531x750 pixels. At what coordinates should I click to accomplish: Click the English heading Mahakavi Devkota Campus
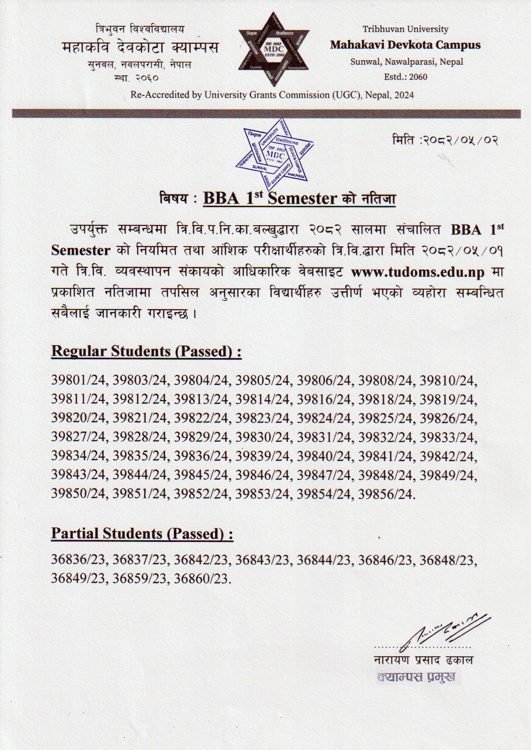click(x=405, y=45)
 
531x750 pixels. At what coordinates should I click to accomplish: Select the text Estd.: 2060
click(x=405, y=77)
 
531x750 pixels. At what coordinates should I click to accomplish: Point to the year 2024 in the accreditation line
click(x=404, y=95)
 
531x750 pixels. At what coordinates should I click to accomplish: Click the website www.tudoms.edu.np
click(x=417, y=272)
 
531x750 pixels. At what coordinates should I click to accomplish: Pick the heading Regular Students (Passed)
click(x=146, y=351)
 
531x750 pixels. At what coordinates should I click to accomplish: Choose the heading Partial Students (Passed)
click(x=142, y=533)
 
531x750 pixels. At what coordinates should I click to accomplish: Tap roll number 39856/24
click(x=385, y=494)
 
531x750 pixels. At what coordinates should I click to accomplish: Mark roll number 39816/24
click(x=324, y=399)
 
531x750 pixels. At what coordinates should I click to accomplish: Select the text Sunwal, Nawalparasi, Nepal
click(x=406, y=61)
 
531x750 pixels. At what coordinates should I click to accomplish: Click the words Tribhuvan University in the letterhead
click(x=405, y=29)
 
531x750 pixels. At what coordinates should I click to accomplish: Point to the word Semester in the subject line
click(x=302, y=199)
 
